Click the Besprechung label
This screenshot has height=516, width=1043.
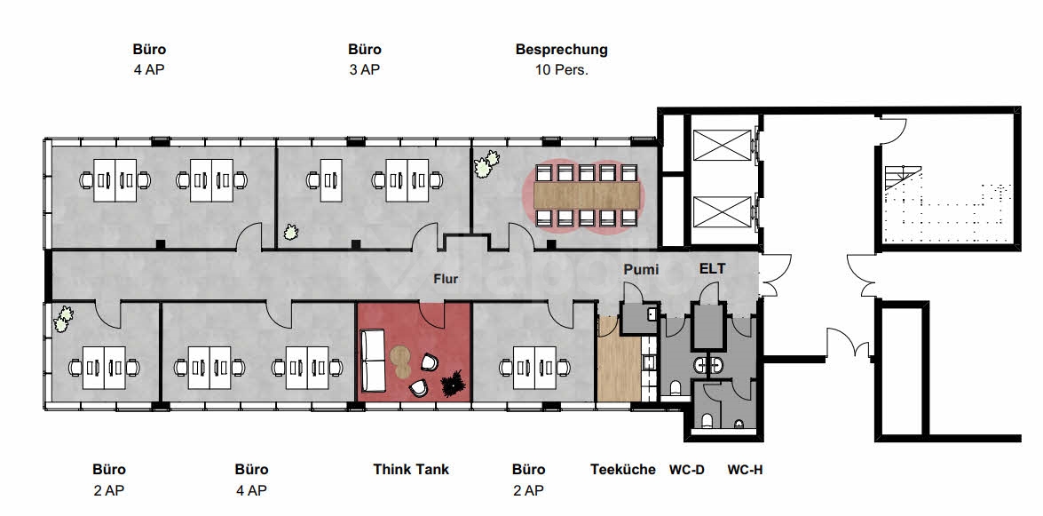pyautogui.click(x=561, y=50)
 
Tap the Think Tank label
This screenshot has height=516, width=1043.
pyautogui.click(x=411, y=469)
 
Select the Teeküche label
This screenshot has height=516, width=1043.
pyautogui.click(x=623, y=469)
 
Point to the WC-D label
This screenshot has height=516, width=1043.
pyautogui.click(x=686, y=470)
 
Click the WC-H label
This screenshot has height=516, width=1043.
pyautogui.click(x=745, y=470)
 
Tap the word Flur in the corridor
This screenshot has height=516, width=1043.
pyautogui.click(x=446, y=279)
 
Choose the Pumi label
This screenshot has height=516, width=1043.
pyautogui.click(x=640, y=269)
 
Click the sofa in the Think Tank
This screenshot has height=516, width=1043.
pyautogui.click(x=371, y=361)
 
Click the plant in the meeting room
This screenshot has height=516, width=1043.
pyautogui.click(x=485, y=164)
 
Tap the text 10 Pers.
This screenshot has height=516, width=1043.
pyautogui.click(x=561, y=69)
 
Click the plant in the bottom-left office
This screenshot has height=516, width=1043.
pyautogui.click(x=64, y=317)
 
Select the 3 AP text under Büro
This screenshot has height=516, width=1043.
pyautogui.click(x=364, y=69)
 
